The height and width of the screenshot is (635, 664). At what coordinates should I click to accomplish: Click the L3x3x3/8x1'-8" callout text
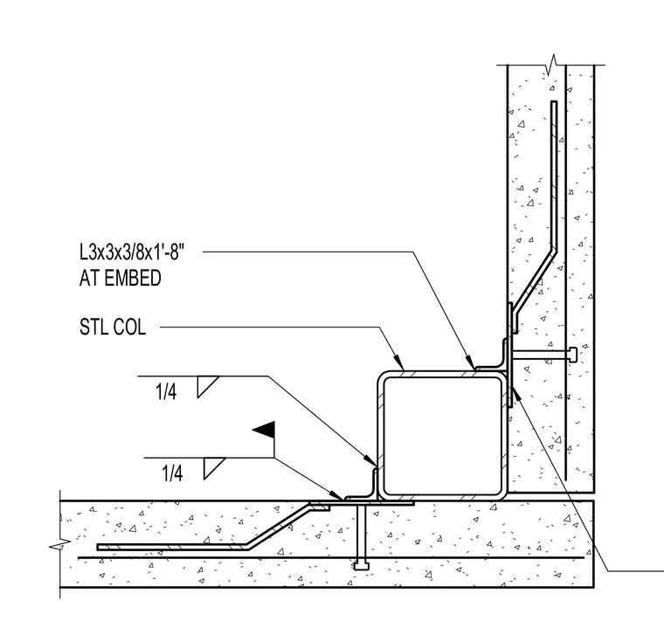click(x=132, y=252)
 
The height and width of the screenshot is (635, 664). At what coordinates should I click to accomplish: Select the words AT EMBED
click(x=121, y=278)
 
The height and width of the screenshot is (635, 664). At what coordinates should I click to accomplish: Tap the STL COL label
click(x=113, y=328)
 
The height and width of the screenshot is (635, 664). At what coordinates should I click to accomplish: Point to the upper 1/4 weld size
click(x=166, y=392)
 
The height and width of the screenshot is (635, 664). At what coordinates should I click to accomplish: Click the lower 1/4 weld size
click(x=172, y=473)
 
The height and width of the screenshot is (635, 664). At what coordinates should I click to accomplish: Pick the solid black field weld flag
click(x=264, y=430)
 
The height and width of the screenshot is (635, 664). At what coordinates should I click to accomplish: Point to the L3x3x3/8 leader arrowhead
click(x=470, y=362)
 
